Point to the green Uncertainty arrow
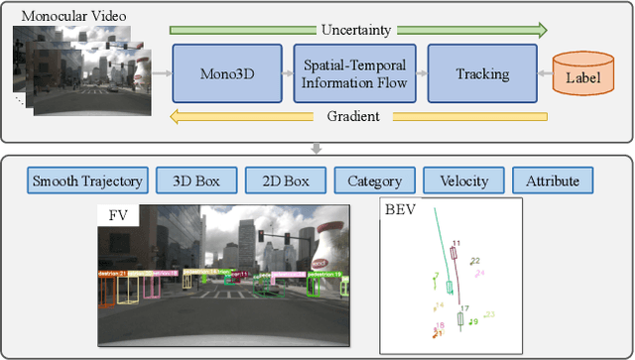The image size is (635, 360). (358, 30)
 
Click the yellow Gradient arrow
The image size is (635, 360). (358, 116)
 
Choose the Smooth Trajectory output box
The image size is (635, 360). (88, 180)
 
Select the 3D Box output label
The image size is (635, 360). (199, 180)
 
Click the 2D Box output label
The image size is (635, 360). (286, 180)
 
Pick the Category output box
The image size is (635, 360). (374, 180)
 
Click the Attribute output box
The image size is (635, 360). (553, 180)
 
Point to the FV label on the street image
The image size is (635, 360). (116, 215)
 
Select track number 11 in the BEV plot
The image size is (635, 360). (455, 243)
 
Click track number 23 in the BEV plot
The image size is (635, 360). (489, 315)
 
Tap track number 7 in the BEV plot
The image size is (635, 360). (436, 277)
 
